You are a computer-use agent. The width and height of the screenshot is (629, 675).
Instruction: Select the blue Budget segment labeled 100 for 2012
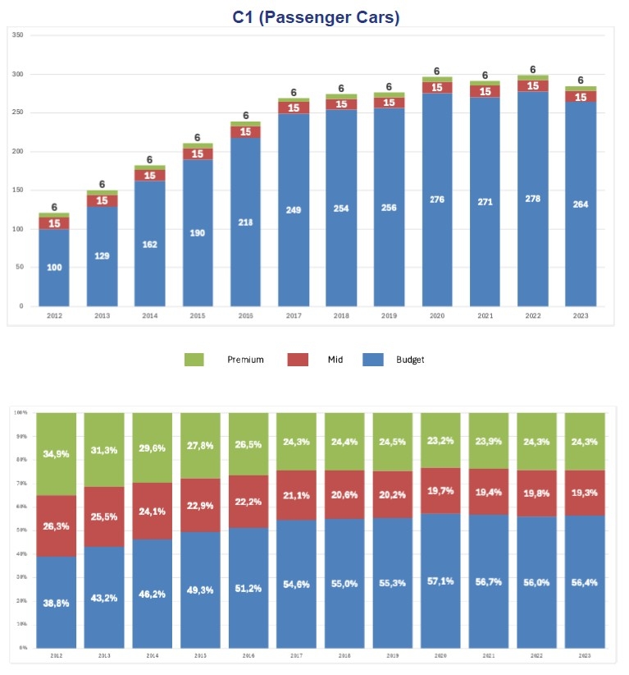click(54, 268)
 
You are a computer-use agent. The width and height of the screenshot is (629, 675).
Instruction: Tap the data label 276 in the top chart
click(437, 200)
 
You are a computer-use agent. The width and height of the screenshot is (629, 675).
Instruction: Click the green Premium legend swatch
click(194, 360)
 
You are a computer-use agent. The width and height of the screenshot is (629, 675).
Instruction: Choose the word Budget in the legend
click(410, 360)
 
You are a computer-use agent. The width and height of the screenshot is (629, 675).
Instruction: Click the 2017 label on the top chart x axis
click(293, 315)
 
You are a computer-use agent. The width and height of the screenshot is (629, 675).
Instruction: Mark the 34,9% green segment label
click(56, 453)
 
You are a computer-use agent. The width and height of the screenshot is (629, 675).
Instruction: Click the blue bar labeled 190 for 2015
click(198, 233)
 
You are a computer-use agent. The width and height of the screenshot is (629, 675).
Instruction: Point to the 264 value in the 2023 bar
click(581, 204)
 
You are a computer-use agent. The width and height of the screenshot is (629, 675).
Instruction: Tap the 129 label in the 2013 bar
click(102, 255)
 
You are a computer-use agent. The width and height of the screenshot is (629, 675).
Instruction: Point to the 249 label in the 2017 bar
click(293, 210)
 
